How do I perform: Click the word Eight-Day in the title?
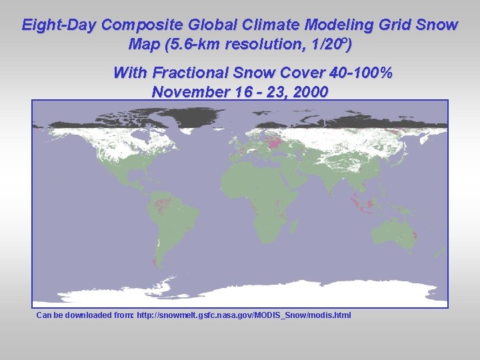click(x=59, y=25)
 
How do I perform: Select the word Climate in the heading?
click(x=270, y=25)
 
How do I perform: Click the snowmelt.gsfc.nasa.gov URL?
click(x=243, y=315)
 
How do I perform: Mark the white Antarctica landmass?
click(x=267, y=293)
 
